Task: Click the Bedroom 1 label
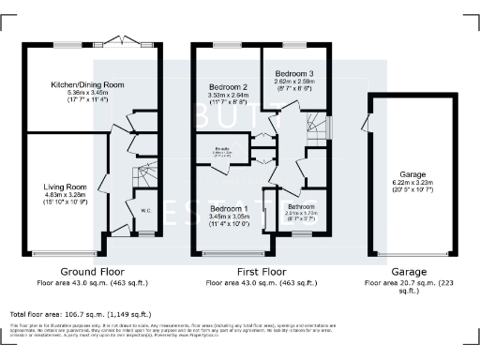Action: [230, 208]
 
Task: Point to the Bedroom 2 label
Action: [228, 86]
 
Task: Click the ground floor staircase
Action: [144, 173]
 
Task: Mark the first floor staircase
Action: [318, 122]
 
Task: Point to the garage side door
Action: [367, 122]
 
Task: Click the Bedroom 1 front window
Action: [231, 254]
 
